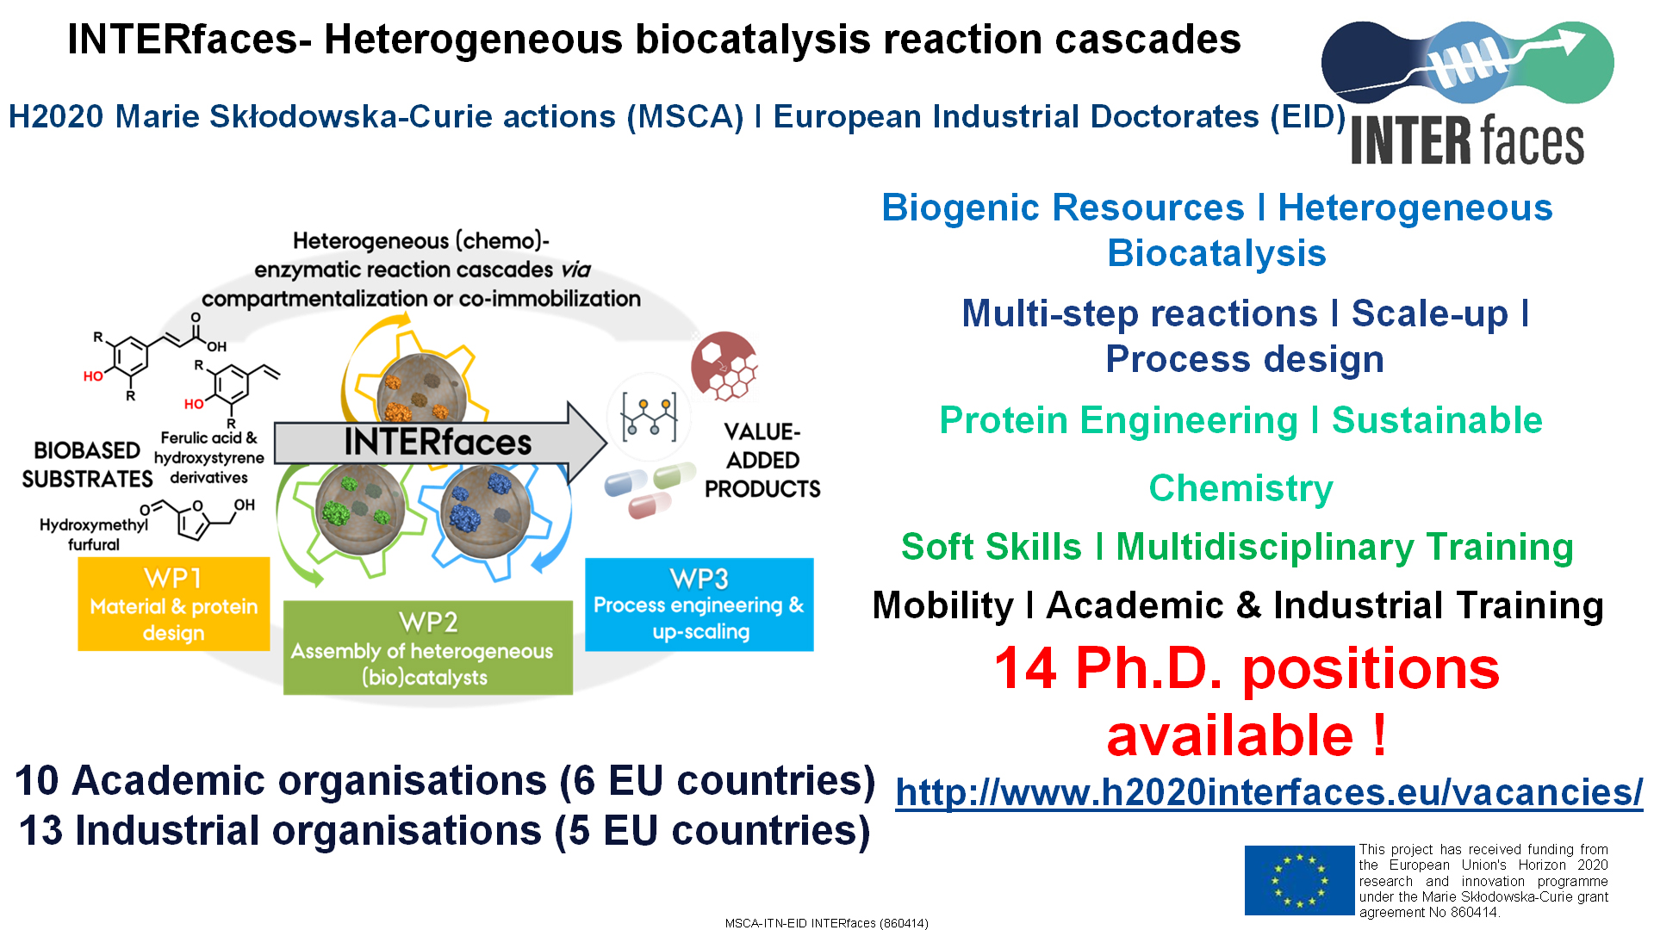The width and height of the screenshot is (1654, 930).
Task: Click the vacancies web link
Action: point(1269,792)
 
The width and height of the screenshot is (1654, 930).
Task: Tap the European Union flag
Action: point(1299,880)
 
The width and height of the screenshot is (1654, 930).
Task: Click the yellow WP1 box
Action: point(174,604)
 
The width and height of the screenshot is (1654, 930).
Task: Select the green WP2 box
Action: point(428,648)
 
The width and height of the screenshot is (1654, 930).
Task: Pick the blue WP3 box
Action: point(700,604)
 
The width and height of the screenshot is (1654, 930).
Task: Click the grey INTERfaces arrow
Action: point(440,443)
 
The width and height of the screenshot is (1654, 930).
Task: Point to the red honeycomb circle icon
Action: point(724,366)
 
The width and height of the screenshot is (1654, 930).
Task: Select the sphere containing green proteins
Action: point(360,508)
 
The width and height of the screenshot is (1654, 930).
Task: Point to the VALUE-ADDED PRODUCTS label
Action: point(762,460)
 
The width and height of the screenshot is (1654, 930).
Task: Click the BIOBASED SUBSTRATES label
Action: point(87,465)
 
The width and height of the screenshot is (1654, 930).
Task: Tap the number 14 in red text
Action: point(1025,669)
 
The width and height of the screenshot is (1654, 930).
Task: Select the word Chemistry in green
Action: point(1240,488)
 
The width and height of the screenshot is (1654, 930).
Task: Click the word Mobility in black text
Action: point(943,605)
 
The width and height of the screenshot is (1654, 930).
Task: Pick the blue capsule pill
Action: point(625,483)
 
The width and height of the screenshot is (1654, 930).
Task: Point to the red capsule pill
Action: point(649,505)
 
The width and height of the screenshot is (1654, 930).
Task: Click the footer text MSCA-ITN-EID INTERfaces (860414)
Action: point(827,923)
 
